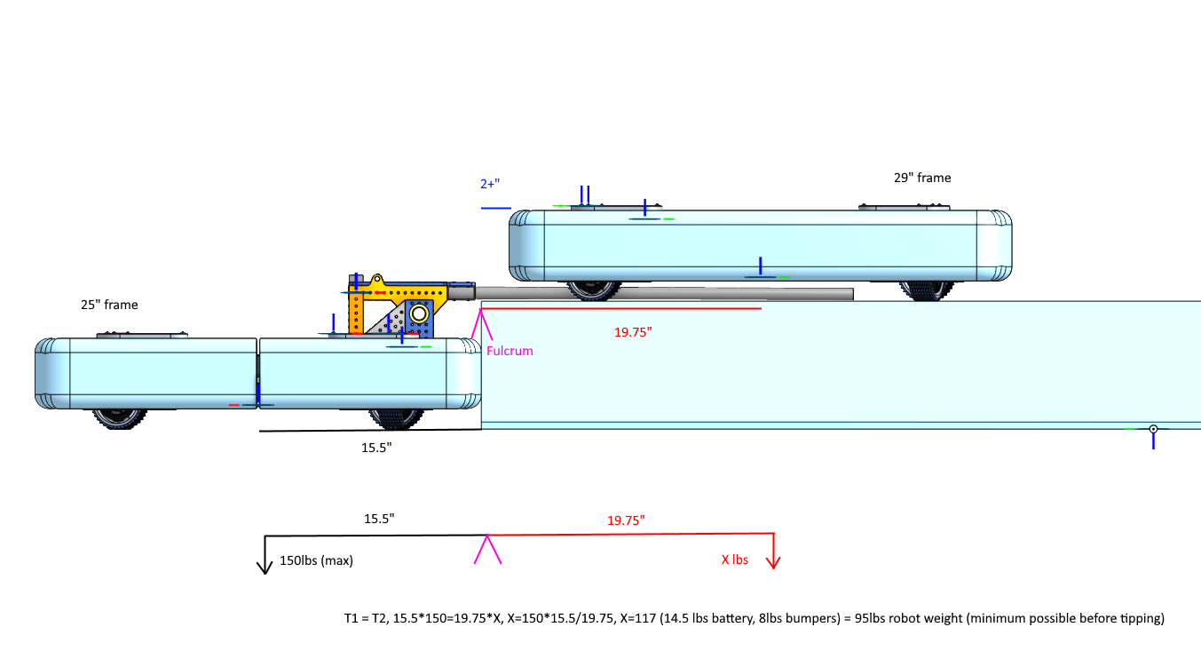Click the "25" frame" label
(109, 305)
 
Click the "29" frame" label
(922, 178)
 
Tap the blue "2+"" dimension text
(490, 184)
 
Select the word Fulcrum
(510, 351)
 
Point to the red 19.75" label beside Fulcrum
(633, 332)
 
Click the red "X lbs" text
(735, 560)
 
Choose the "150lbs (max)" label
(316, 560)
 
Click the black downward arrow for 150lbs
(265, 555)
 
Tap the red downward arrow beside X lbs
(773, 551)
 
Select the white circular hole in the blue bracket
(419, 314)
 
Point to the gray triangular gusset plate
(389, 321)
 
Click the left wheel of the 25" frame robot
(119, 418)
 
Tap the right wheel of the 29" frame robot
(927, 290)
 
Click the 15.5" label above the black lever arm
(379, 519)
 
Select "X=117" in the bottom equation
(638, 618)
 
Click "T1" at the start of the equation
(351, 618)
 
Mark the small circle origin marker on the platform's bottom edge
(1153, 429)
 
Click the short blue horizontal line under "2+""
(496, 208)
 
